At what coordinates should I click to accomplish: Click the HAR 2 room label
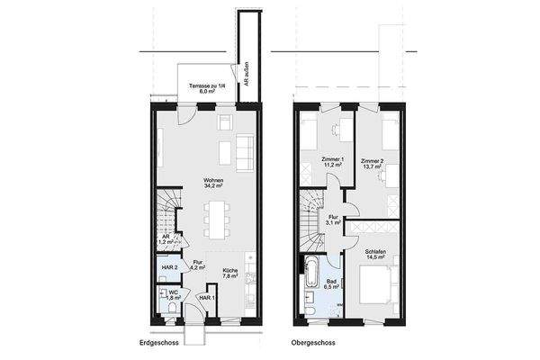tap(168, 268)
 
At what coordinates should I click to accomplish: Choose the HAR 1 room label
tap(207, 298)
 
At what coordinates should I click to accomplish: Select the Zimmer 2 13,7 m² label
tap(371, 165)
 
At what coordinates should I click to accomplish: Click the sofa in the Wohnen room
tap(245, 154)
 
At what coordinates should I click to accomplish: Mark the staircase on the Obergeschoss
tap(311, 221)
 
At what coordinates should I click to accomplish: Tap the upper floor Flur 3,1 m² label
tap(333, 219)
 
